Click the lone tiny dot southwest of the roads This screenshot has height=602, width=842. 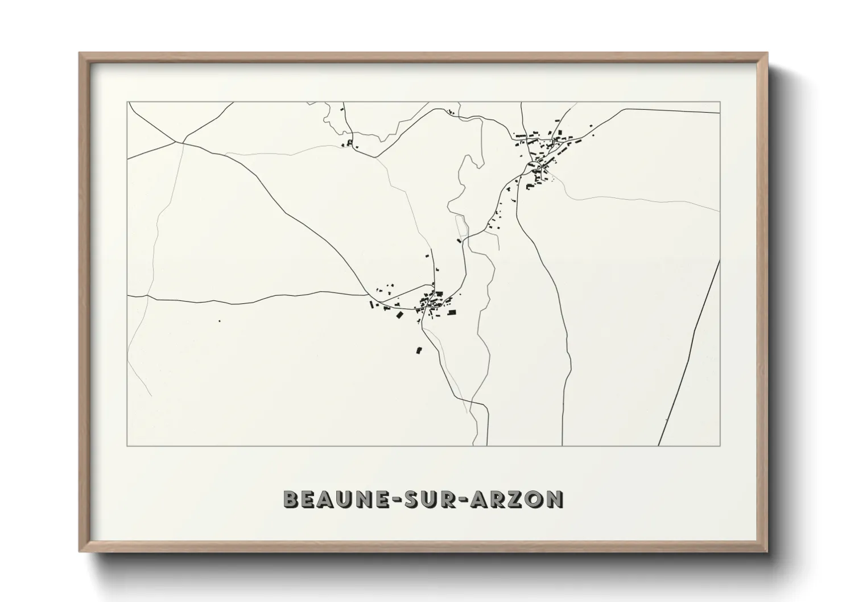coord(219,321)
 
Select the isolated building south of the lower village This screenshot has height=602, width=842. coord(420,351)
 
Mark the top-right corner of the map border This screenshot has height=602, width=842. coord(720,102)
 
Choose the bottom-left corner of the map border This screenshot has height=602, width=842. coord(128,446)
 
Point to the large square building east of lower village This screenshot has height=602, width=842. coord(452,312)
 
